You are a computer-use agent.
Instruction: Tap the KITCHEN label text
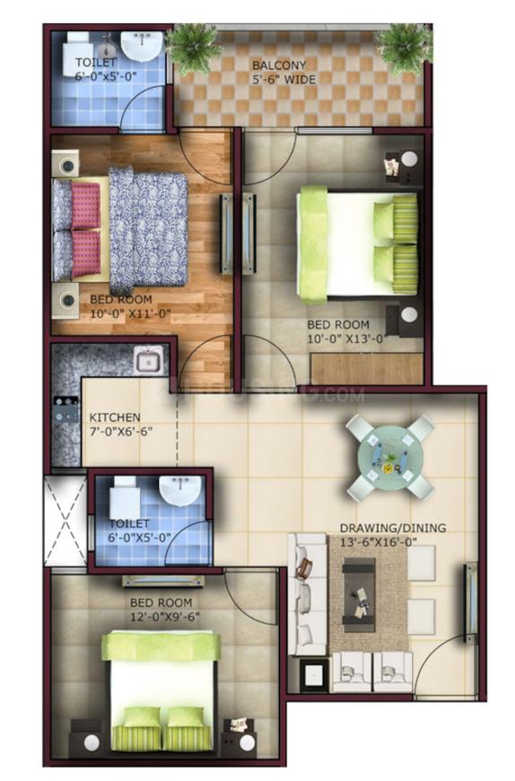click(x=115, y=417)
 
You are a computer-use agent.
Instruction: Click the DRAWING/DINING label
click(x=392, y=528)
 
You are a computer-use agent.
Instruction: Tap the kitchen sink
click(x=148, y=362)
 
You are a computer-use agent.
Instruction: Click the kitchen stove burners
click(x=66, y=414)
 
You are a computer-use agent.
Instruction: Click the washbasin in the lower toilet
click(x=182, y=489)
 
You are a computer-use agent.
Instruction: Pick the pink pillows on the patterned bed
click(x=84, y=229)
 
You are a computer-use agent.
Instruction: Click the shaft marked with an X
click(x=65, y=522)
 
